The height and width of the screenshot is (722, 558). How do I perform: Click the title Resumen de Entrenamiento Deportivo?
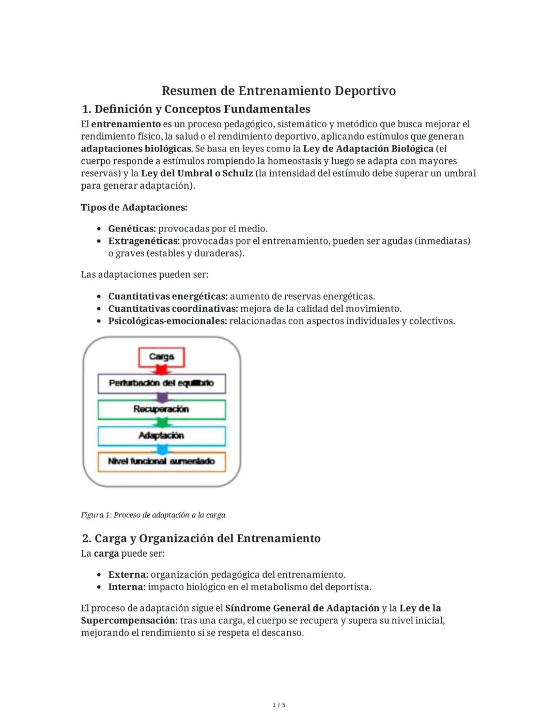point(278,91)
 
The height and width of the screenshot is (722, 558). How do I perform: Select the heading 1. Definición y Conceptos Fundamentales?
point(196,109)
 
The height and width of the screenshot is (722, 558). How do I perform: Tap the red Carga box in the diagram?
point(161,357)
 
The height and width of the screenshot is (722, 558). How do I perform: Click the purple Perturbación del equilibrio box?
point(161,383)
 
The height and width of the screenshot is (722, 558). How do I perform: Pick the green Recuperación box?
point(161,409)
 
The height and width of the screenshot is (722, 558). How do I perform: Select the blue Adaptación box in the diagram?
point(161,436)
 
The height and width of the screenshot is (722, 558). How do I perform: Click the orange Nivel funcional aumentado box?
point(161,462)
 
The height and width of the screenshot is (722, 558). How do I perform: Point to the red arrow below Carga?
point(162,370)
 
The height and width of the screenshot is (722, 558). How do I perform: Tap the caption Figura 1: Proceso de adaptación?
point(153,515)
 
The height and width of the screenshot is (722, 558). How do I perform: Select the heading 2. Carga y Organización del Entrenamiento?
point(202,539)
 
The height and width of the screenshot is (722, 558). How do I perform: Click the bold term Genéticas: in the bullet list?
point(132,228)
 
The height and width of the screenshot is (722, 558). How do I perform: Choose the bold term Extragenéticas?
point(144,241)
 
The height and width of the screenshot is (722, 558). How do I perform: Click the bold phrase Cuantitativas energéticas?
point(167,296)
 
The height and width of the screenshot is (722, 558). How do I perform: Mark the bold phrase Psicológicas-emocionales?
point(167,321)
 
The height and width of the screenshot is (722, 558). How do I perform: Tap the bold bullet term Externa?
point(128,575)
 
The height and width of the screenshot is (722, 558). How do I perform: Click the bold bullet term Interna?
point(127,587)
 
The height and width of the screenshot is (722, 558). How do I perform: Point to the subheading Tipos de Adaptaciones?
point(134,207)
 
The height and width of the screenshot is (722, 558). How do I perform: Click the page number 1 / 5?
point(279,705)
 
